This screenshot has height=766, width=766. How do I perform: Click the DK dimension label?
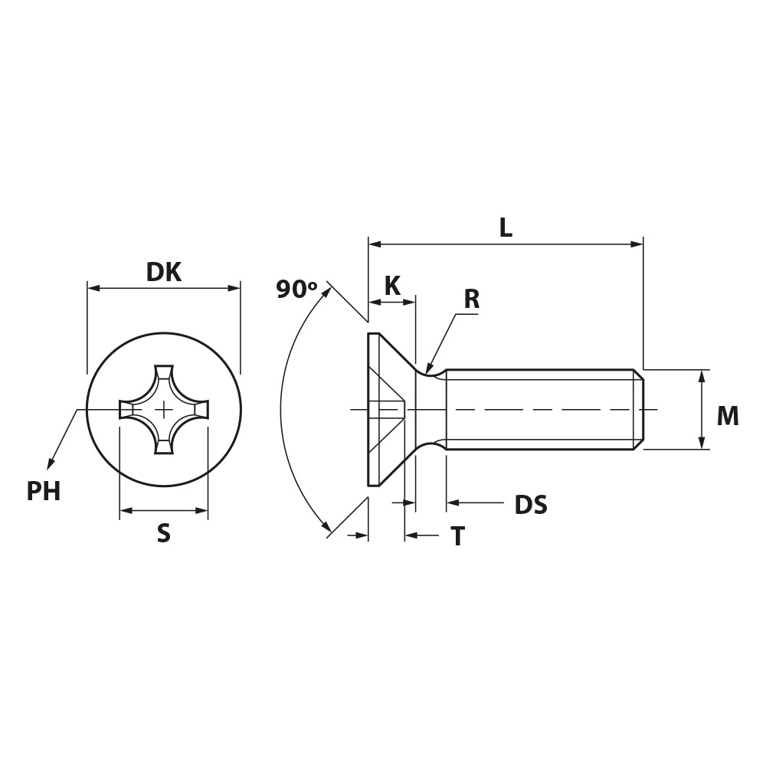pos(164,272)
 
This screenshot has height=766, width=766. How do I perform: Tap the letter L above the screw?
pos(506,228)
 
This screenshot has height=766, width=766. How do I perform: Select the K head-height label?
pos(392,286)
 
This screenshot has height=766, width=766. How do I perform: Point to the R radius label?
pos(471,300)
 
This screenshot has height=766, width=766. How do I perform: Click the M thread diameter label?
pos(728,416)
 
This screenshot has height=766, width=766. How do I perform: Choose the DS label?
pos(531,505)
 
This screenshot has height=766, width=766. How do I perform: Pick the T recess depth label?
pos(458,536)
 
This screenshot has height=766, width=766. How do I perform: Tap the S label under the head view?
pos(164,533)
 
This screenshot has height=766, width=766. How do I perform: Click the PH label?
pos(44,492)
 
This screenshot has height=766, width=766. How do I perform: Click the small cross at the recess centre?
pos(164,409)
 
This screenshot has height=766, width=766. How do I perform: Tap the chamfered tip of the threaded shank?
pos(639,409)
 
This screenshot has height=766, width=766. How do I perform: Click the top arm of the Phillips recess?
pos(164,376)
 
